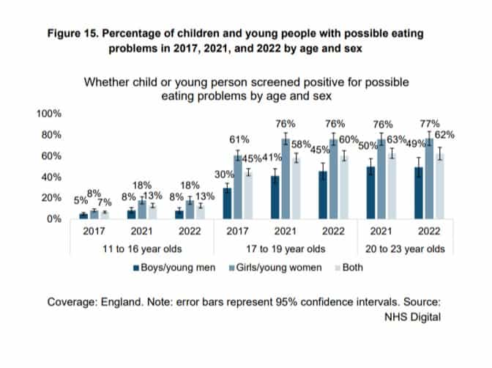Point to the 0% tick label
point(55,218)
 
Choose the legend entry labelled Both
point(349,268)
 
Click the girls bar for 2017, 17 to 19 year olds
point(237,187)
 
